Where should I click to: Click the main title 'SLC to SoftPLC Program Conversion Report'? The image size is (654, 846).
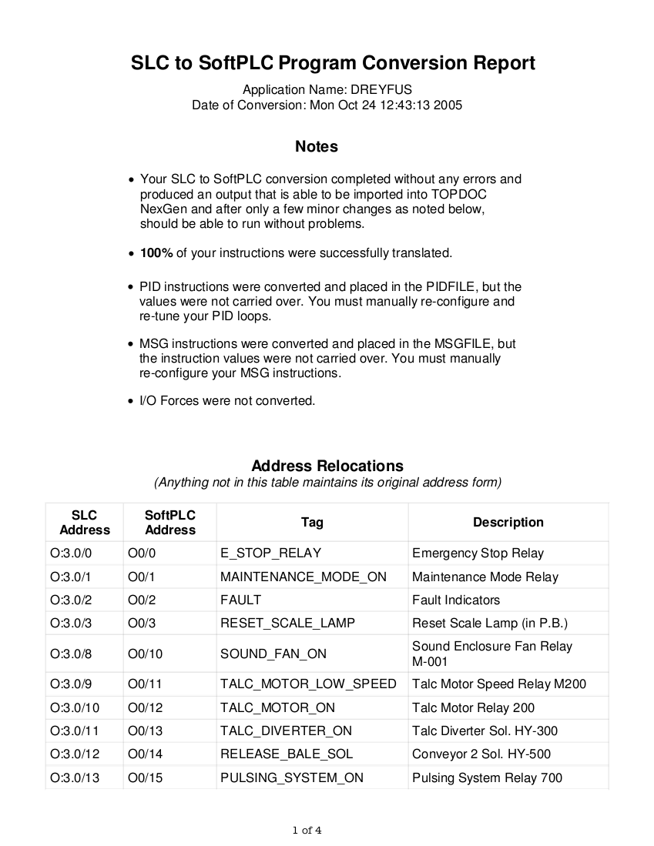coord(333,63)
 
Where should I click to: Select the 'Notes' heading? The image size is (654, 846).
coord(316,146)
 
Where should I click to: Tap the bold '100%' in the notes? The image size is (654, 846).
coord(156,253)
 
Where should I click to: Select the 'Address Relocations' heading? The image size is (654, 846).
coord(327,466)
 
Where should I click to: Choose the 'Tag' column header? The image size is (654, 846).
coord(312,523)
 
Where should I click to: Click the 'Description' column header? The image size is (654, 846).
coord(508,523)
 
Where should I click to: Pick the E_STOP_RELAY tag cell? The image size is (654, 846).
coord(270,553)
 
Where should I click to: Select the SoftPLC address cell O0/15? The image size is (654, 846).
coord(146,778)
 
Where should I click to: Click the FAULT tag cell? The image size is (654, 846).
coord(241,600)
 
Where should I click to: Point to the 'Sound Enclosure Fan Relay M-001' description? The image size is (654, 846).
coord(492,654)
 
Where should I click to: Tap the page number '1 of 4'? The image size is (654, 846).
coord(307,831)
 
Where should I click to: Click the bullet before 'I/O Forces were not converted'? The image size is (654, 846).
coord(132,402)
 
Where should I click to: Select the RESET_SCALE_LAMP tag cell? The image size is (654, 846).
coord(287,624)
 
